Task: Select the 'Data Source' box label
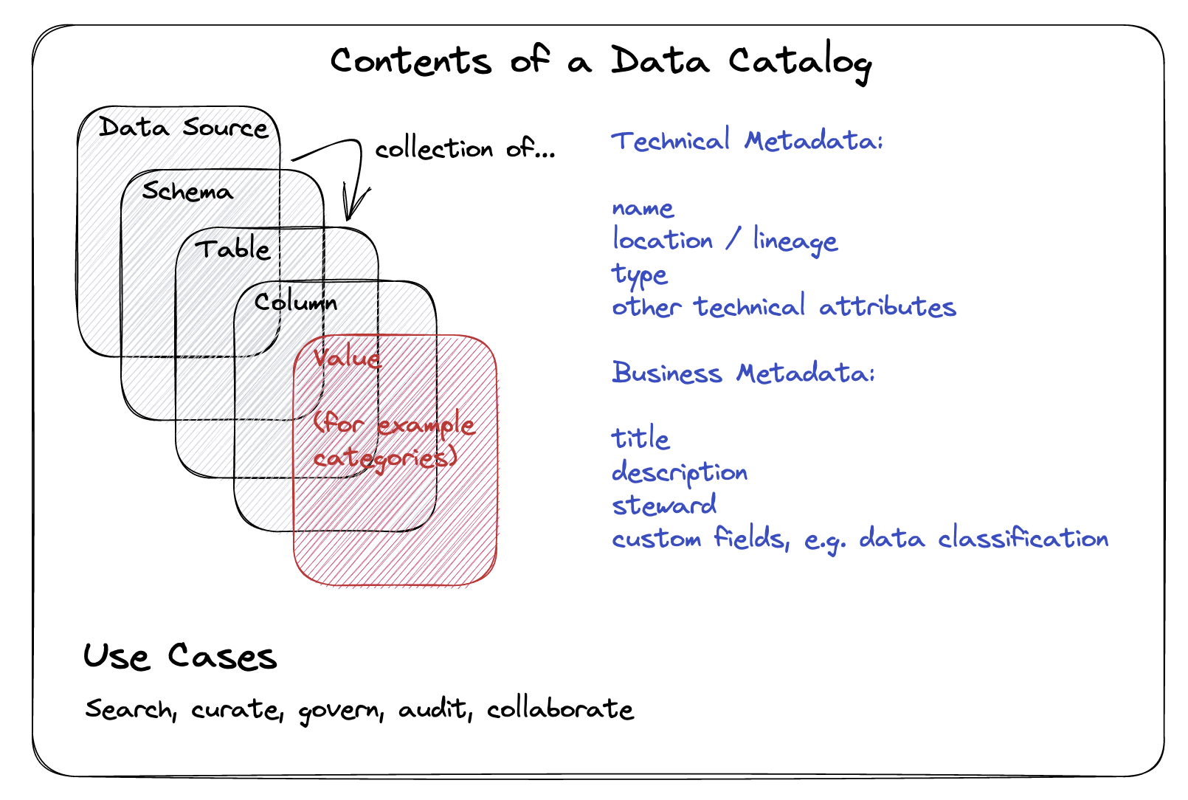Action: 183,128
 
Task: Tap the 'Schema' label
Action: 187,192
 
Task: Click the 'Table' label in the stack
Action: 232,249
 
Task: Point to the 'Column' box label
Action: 295,302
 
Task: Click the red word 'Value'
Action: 347,358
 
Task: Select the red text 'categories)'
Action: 384,458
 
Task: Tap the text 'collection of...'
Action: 464,150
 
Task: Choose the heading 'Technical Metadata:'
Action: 746,140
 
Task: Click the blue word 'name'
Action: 643,209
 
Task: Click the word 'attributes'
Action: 887,307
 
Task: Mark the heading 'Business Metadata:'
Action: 742,373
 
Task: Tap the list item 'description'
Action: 679,472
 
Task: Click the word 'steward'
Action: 664,506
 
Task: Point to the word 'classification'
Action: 1023,538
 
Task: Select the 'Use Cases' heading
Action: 179,656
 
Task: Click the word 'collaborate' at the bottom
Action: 559,709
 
